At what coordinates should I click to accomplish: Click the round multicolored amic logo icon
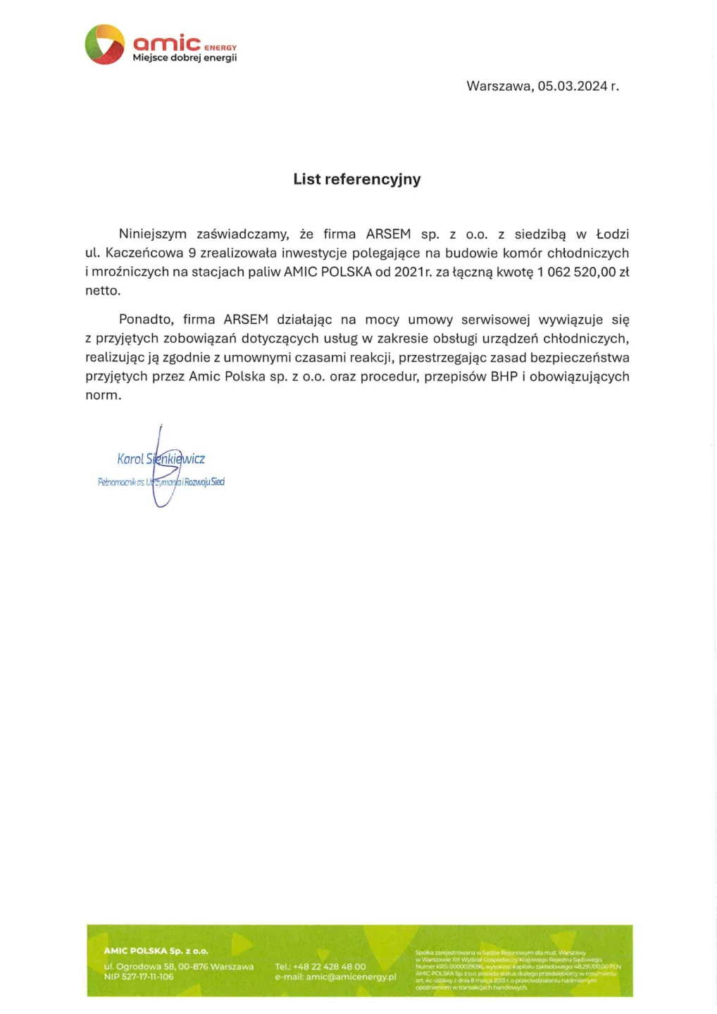coord(104,44)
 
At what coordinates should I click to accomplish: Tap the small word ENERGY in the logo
coord(220,48)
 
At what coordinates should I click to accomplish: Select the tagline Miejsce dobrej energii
coord(185,58)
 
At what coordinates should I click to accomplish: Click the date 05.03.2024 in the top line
coord(572,86)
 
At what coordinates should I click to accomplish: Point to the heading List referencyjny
coord(357,179)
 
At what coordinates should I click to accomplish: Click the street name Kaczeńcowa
coord(144,253)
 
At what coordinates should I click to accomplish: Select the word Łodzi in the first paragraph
coord(612,234)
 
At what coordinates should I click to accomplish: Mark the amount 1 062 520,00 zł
coord(583,272)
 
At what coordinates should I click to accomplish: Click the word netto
coord(103,290)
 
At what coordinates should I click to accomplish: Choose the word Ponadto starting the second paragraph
coord(146,320)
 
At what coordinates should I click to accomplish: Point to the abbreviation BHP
coord(504,376)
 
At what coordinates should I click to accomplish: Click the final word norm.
coord(103,395)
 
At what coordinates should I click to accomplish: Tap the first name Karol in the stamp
coord(130,459)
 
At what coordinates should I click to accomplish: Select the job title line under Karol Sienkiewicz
coord(161,482)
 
